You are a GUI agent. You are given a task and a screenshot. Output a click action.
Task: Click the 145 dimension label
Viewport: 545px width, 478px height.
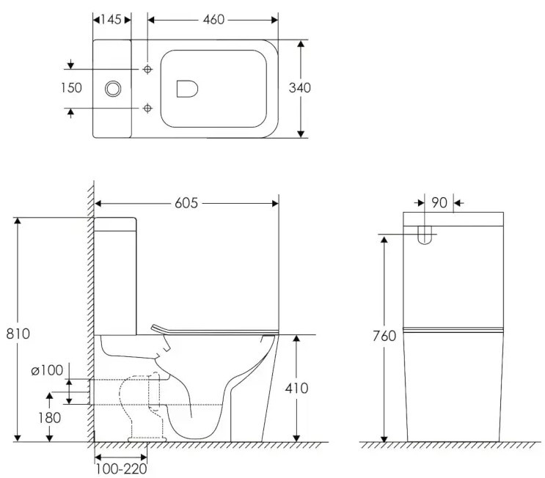112,18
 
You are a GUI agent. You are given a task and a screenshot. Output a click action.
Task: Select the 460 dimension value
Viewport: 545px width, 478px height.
213,18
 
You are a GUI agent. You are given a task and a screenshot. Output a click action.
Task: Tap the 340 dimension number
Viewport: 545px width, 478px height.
300,88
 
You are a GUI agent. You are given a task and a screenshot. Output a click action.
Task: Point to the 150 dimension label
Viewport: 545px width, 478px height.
71,88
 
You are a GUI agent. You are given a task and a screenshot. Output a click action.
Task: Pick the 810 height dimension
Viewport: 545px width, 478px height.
18,334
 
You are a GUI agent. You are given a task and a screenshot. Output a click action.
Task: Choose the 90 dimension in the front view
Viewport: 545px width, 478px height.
439,202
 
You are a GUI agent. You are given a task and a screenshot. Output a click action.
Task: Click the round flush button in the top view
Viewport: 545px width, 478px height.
113,88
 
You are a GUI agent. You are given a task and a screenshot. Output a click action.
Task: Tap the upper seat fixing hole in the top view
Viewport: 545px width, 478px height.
147,69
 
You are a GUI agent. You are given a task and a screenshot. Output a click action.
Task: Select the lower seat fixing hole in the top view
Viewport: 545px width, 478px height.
147,108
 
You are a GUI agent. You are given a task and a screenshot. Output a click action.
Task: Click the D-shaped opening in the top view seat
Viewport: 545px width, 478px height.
188,89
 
